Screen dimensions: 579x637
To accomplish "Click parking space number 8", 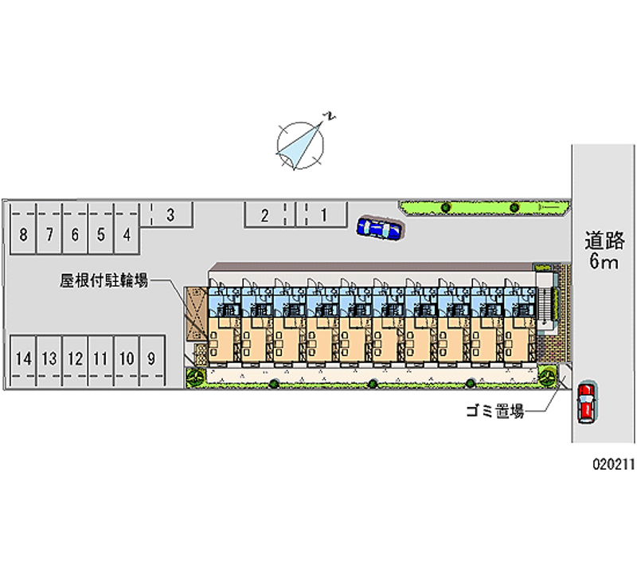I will point(23,234).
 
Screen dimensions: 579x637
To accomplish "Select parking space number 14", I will point(24,358).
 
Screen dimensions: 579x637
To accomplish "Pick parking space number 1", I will point(323,213).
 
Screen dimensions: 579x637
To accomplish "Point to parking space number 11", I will point(100,358).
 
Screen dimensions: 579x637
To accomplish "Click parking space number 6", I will point(74,234).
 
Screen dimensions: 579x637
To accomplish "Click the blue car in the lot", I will point(381,229).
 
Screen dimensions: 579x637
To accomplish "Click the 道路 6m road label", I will point(604,250).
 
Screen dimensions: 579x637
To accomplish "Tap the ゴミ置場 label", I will point(494,412).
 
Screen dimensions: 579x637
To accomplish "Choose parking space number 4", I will point(126,234).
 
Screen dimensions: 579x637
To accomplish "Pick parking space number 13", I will point(49,358).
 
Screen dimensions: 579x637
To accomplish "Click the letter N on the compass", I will point(328,117).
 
